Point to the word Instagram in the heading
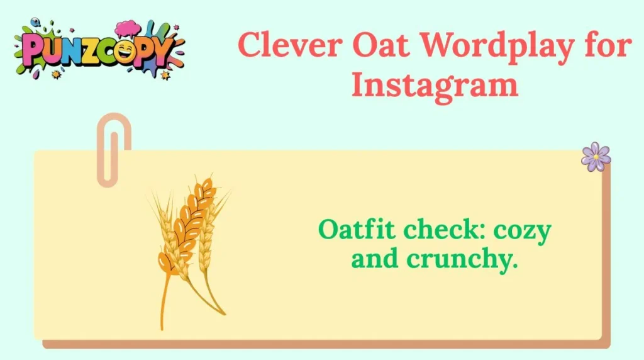click(x=435, y=85)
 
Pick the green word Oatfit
click(x=357, y=231)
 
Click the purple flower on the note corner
click(x=596, y=157)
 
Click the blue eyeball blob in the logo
click(x=25, y=24)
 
